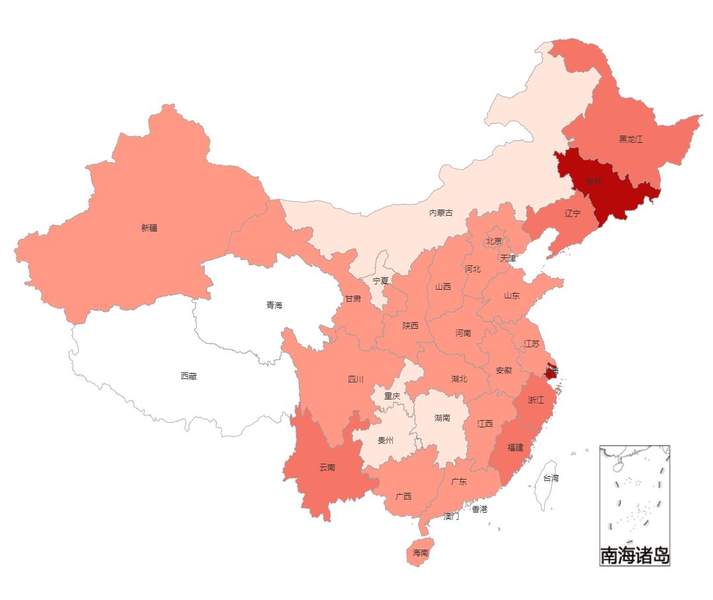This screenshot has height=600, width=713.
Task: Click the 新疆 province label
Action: click(x=149, y=228)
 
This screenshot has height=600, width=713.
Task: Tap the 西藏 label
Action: click(x=189, y=376)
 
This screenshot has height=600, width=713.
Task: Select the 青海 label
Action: click(x=274, y=305)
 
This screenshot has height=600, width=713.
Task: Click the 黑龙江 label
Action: click(x=630, y=139)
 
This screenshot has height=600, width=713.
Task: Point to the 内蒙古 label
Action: click(x=441, y=213)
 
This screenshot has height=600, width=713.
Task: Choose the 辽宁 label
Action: click(x=573, y=214)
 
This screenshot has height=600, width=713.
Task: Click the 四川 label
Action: click(x=356, y=380)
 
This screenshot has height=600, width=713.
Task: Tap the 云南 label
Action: click(x=327, y=467)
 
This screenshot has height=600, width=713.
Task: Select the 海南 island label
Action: click(x=421, y=552)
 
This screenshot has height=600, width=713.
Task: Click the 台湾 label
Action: click(x=551, y=478)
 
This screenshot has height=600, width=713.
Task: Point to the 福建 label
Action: click(x=515, y=447)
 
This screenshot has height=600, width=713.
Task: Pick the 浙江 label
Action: click(x=536, y=400)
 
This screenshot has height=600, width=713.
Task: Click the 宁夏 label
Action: click(x=380, y=281)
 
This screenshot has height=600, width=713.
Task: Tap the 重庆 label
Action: click(x=392, y=396)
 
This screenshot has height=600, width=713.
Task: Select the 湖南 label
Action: click(x=442, y=418)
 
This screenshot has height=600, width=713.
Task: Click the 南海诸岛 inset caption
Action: click(x=635, y=556)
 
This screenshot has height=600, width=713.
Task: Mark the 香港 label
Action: click(x=480, y=509)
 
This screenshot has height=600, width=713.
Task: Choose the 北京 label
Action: click(x=494, y=241)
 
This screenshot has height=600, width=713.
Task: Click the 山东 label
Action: click(x=512, y=296)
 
